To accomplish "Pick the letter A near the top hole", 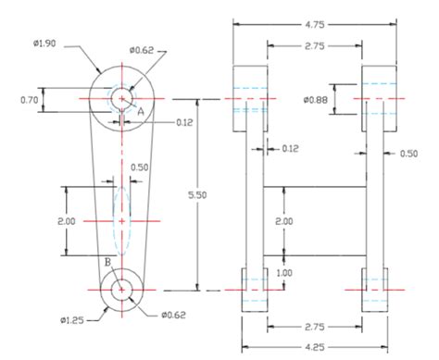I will (141, 110).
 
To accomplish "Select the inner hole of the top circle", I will (122, 98).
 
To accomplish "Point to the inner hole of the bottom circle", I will (122, 290).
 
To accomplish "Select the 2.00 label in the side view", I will (284, 221).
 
